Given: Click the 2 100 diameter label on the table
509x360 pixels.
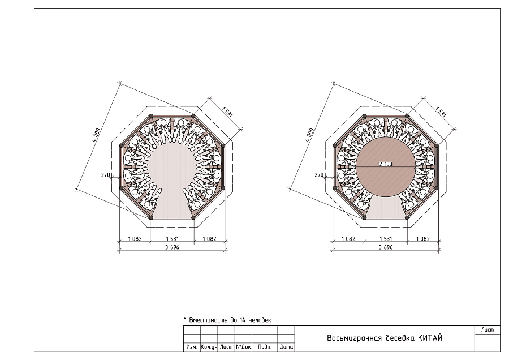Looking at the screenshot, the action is click(386, 164).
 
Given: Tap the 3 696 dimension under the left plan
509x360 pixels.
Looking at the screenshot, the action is click(172, 247).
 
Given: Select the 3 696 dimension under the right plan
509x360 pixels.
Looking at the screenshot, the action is click(386, 247).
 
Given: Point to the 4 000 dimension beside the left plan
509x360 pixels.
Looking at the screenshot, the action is click(96, 135).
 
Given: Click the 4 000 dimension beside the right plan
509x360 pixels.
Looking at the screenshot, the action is click(310, 135).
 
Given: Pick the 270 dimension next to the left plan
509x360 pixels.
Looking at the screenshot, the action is click(106, 175).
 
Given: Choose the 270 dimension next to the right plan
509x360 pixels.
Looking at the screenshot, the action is click(319, 175).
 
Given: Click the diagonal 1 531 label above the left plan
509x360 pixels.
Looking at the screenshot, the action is click(227, 112).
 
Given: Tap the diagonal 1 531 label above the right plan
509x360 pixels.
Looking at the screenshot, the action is click(441, 112).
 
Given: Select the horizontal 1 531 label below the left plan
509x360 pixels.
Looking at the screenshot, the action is click(172, 239).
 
